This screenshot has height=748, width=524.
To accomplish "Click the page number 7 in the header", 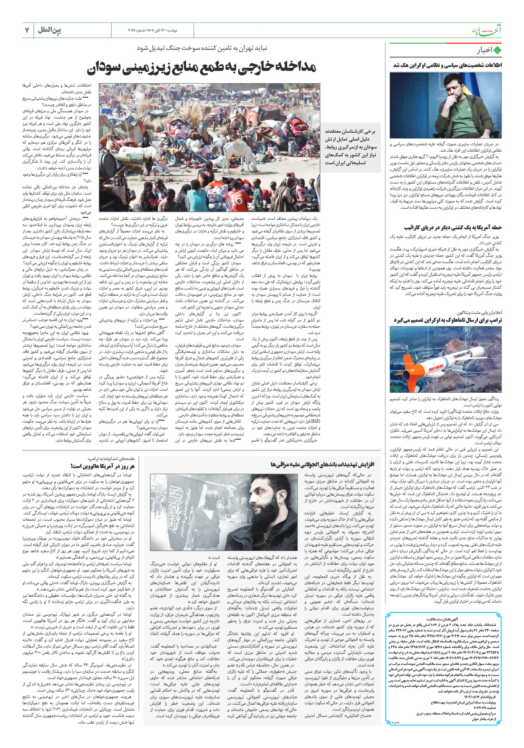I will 27,30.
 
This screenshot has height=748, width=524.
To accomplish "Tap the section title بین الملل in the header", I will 50,30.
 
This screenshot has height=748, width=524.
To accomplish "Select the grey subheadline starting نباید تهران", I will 202,48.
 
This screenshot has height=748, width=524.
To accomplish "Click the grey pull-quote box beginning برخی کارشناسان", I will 350,147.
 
